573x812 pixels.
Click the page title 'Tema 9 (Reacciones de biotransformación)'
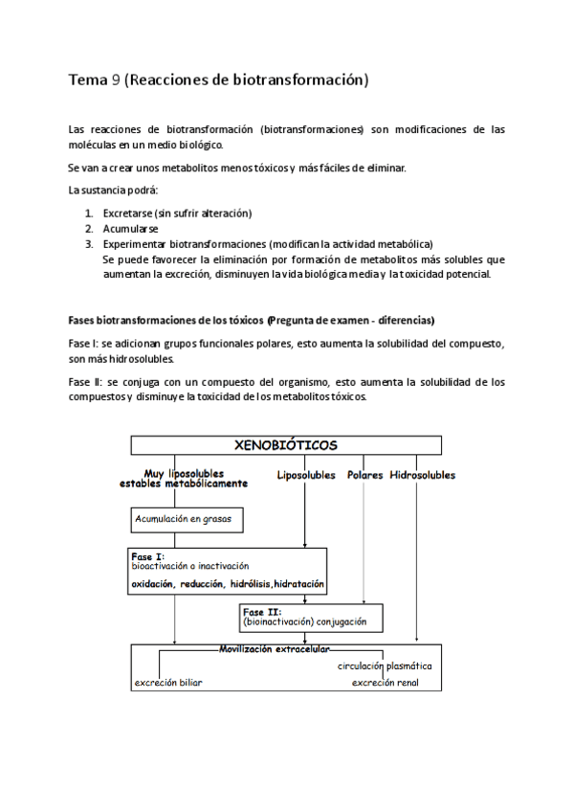coord(218,80)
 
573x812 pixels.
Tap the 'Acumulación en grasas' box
coord(187,520)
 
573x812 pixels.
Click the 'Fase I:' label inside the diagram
coord(147,555)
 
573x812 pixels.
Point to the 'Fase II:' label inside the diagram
coord(261,611)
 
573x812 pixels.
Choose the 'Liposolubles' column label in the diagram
coord(306,475)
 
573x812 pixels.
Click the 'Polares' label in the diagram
coord(364,475)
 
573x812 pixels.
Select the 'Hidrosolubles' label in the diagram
coord(422,475)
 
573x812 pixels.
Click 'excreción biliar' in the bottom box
coord(168,683)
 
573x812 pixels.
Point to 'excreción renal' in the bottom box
coord(384,683)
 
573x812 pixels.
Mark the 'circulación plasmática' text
coord(384,665)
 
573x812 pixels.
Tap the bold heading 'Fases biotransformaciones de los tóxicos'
coord(166,319)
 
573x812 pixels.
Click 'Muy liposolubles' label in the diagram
coord(184,473)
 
